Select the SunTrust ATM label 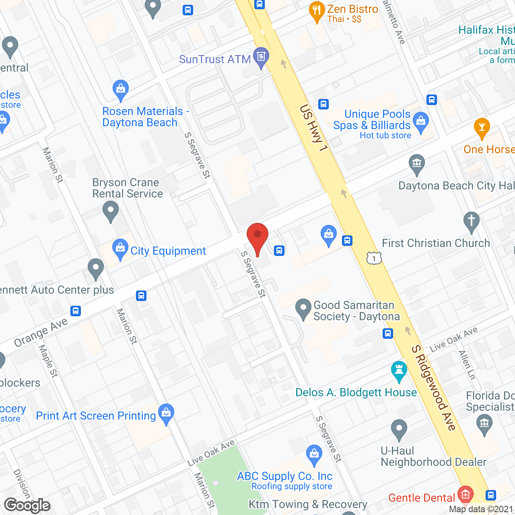click(215, 59)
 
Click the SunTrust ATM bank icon click(261, 57)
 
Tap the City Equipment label click(168, 251)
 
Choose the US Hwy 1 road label click(314, 128)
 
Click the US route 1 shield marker click(374, 258)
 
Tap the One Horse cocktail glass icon click(482, 128)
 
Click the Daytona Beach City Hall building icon click(417, 163)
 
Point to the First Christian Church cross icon click(472, 221)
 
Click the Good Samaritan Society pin click(303, 308)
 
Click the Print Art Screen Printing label click(96, 416)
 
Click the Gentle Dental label click(421, 498)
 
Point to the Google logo click(27, 505)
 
